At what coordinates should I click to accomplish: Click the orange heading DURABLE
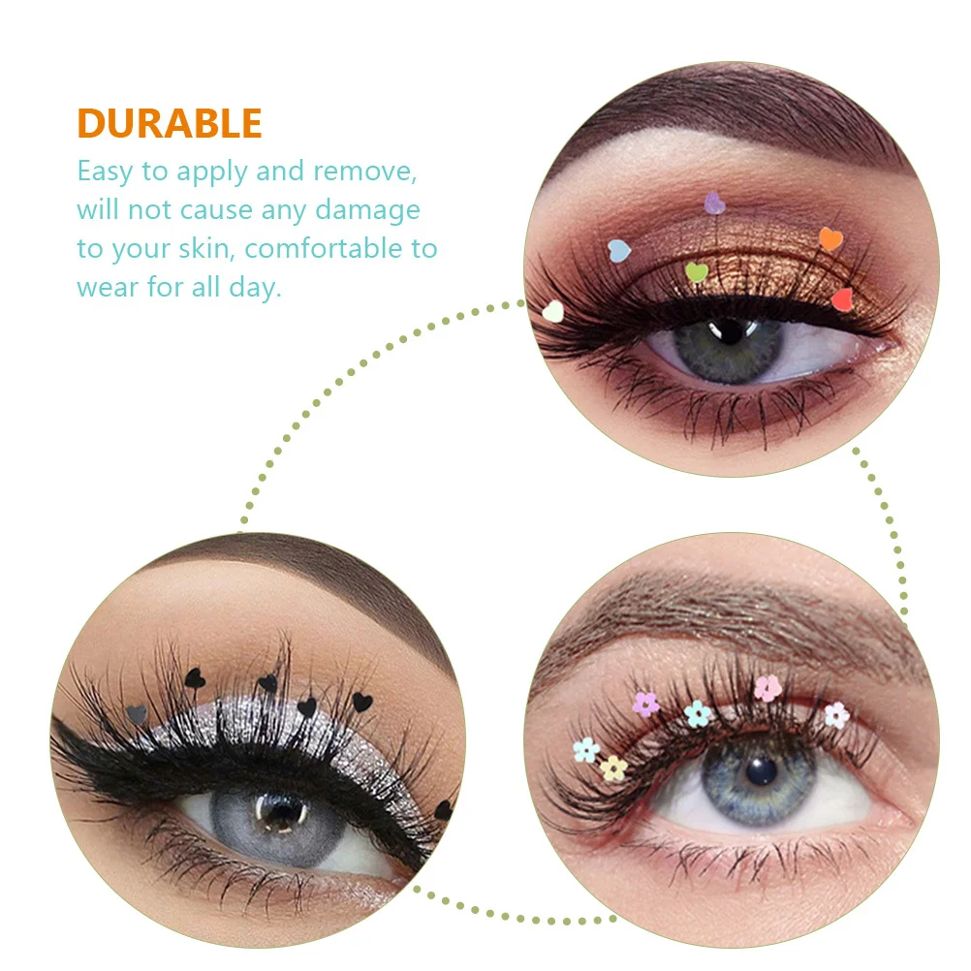170,123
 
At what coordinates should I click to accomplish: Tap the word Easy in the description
104,172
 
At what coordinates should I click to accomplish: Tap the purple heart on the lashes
714,203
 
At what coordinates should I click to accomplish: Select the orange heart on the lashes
830,238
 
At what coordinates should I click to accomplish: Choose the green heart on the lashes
697,272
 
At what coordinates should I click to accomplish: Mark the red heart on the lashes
842,298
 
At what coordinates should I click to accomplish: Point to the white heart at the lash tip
552,311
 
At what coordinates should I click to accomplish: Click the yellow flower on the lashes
613,767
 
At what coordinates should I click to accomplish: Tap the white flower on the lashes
836,715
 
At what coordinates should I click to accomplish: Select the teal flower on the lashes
698,714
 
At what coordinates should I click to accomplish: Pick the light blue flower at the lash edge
585,750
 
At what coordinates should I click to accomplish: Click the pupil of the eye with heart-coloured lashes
729,333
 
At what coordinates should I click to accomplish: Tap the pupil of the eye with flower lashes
763,771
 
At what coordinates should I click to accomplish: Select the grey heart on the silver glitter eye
139,714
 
